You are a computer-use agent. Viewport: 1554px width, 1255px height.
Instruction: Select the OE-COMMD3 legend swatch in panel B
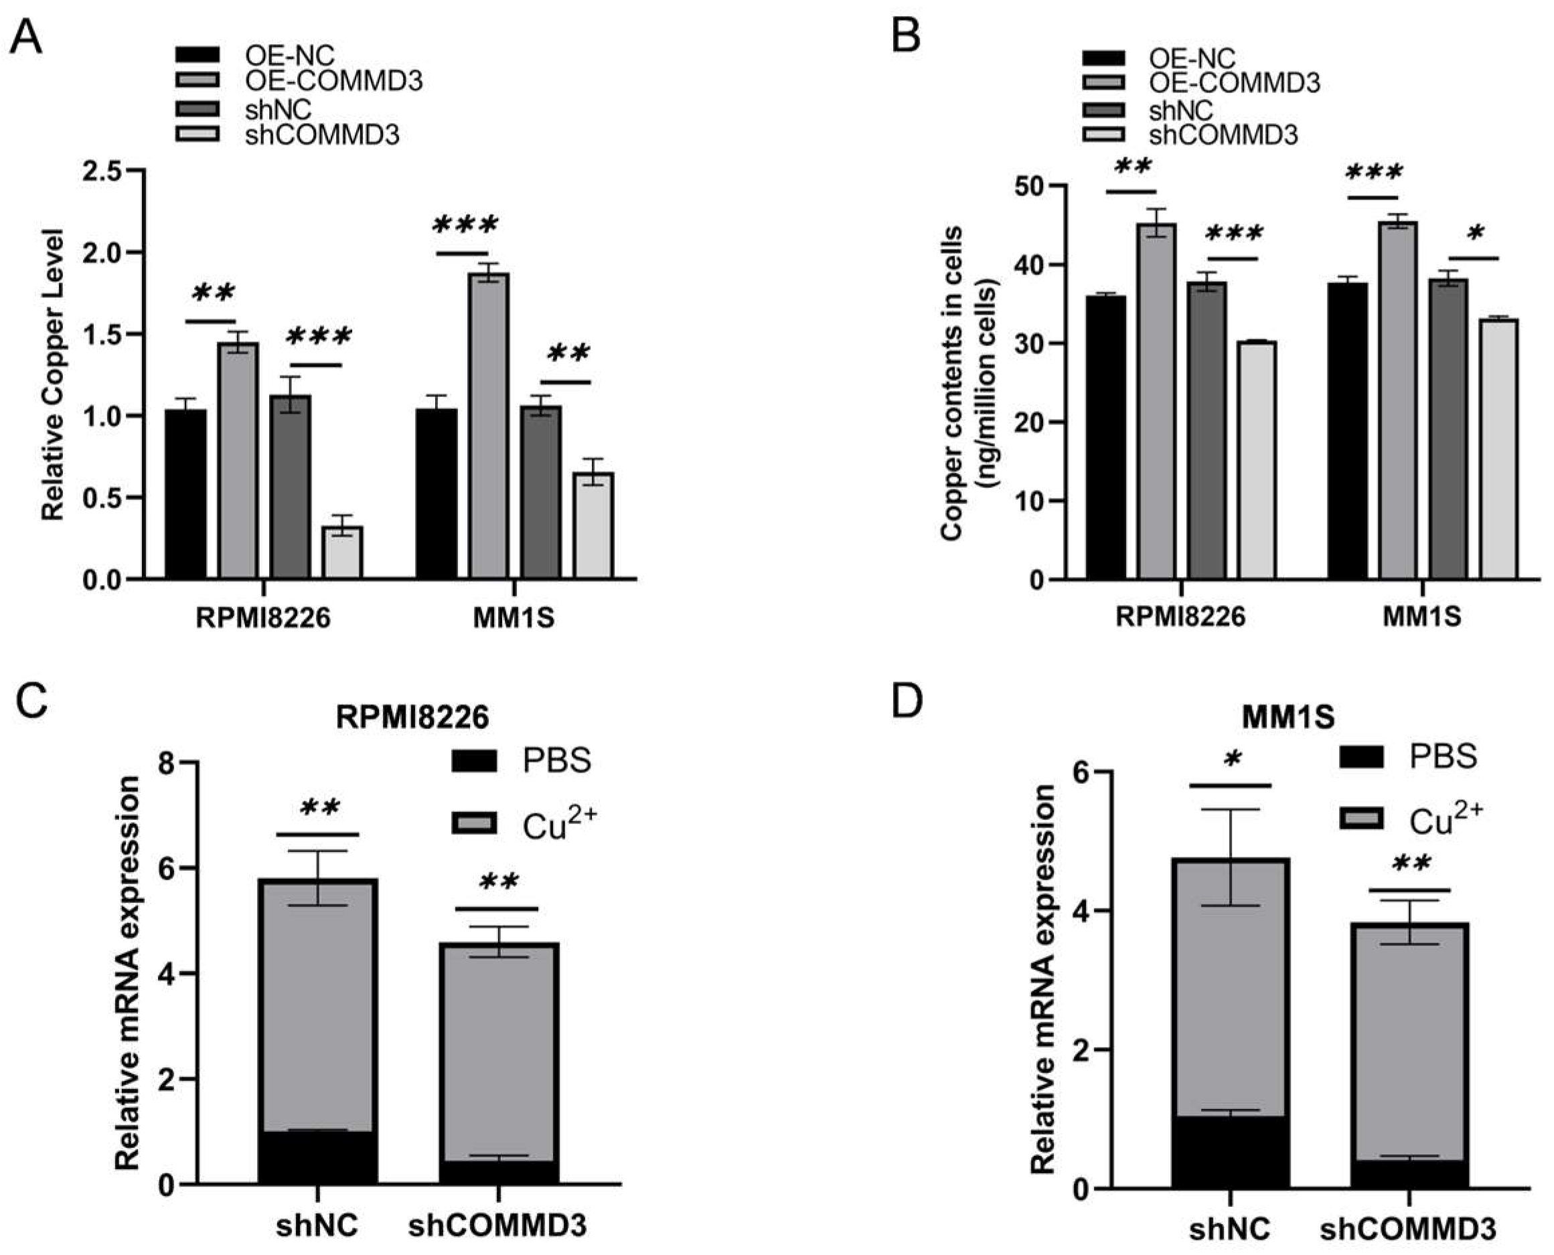1103,83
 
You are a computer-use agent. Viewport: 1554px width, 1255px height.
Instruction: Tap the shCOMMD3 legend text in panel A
322,135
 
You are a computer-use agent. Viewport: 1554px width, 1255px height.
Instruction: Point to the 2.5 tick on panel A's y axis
106,171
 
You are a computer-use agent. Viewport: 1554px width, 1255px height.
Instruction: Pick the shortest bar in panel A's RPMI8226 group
342,552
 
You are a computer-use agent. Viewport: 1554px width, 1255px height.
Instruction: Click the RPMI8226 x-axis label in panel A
262,618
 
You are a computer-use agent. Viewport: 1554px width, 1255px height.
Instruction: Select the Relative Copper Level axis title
53,373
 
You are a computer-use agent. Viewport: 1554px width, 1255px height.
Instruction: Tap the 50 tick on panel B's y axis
1030,187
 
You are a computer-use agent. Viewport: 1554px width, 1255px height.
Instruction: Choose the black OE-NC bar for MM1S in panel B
1347,431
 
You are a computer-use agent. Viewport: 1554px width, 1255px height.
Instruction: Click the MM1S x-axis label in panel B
1421,616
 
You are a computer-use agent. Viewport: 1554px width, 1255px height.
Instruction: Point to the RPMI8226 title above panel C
412,717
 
